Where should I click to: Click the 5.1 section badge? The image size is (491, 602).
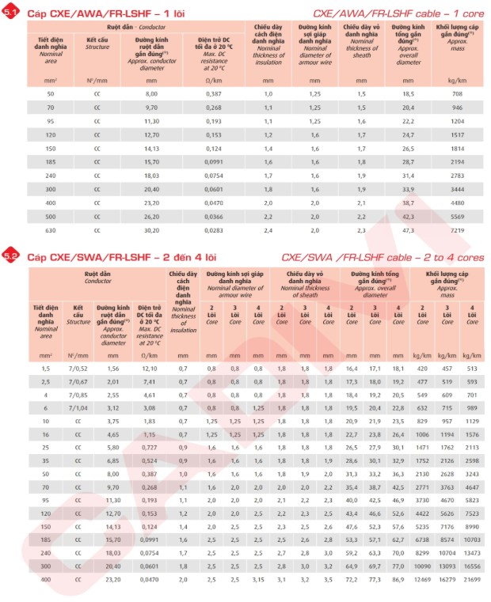pyautogui.click(x=11, y=13)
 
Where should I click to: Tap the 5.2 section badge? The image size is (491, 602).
pyautogui.click(x=11, y=256)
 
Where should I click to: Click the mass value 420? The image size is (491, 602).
pyautogui.click(x=421, y=369)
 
